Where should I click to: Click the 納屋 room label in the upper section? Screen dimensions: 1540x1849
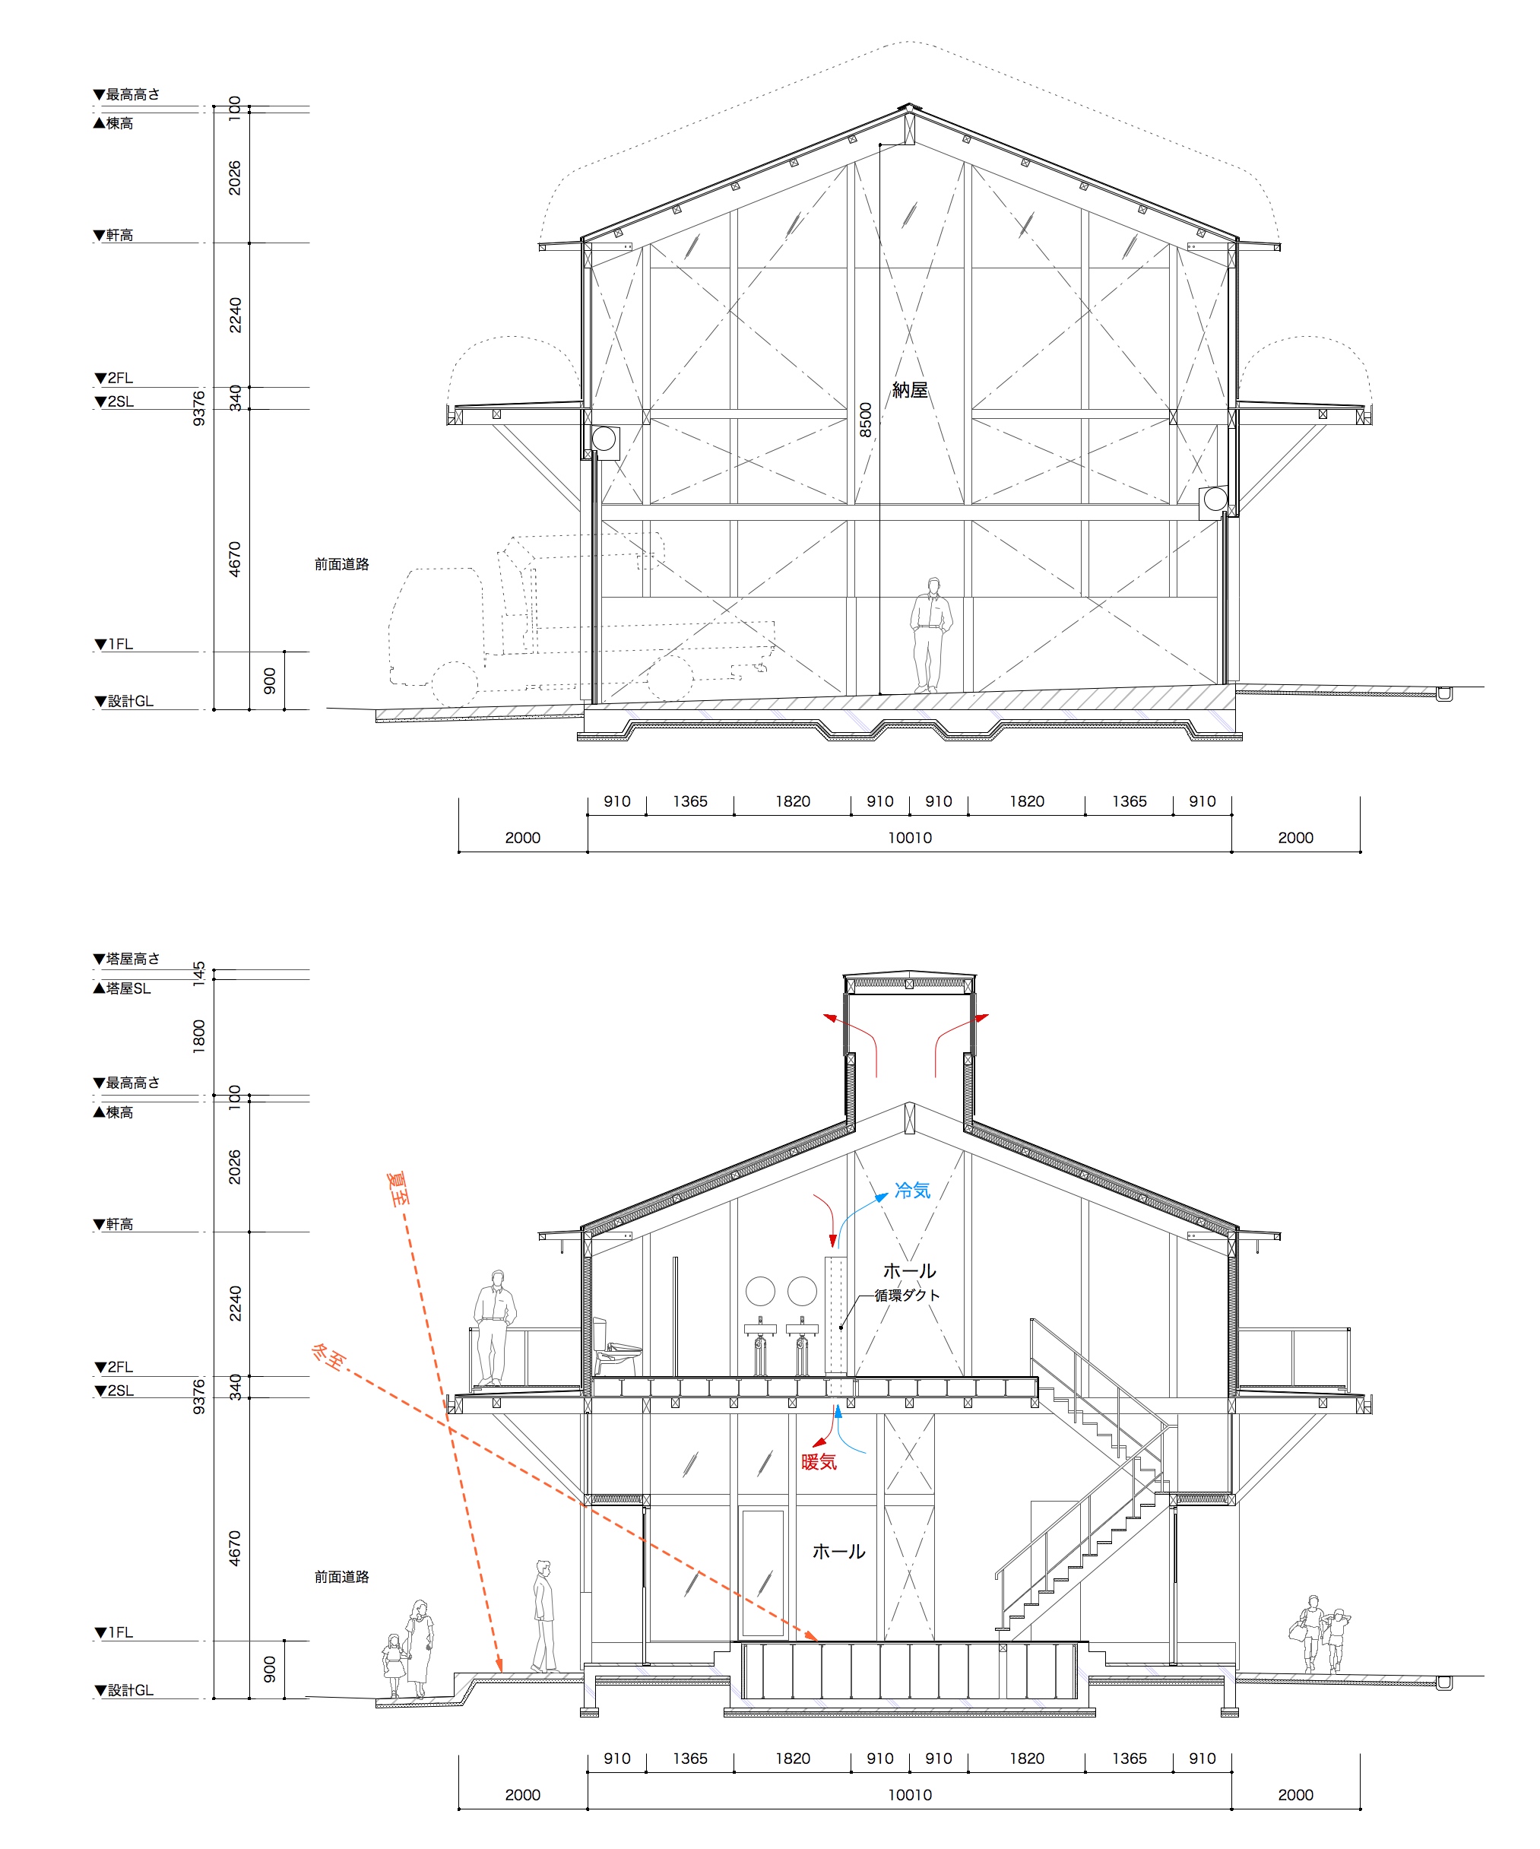pyautogui.click(x=910, y=390)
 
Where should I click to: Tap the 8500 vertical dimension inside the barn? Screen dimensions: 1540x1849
pyautogui.click(x=866, y=420)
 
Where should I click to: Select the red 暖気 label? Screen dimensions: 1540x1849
pyautogui.click(x=819, y=1461)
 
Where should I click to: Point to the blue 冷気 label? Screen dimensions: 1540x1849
pyautogui.click(x=912, y=1191)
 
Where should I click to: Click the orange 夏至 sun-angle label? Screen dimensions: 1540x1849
pyautogui.click(x=399, y=1188)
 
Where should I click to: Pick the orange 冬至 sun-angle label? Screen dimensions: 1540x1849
pyautogui.click(x=328, y=1357)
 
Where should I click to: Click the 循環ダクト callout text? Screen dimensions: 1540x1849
pyautogui.click(x=907, y=1296)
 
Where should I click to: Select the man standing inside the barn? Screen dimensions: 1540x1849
pyautogui.click(x=930, y=635)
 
